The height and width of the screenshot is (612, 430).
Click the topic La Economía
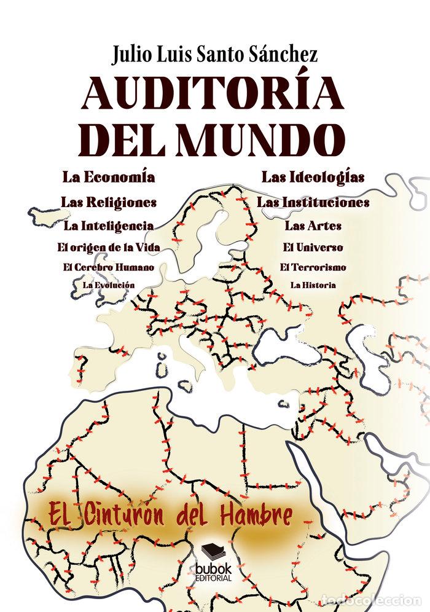108,178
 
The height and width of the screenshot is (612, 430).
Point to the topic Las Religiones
108,202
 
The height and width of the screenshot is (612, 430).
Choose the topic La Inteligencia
108,226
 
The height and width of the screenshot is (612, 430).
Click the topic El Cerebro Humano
108,267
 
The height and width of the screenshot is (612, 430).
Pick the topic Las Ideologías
313,178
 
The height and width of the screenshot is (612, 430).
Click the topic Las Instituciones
313,202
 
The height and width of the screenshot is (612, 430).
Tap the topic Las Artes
313,226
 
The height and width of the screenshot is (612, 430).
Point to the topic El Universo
313,248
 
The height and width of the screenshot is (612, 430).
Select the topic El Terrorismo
313,267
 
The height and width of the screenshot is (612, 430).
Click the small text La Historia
313,285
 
